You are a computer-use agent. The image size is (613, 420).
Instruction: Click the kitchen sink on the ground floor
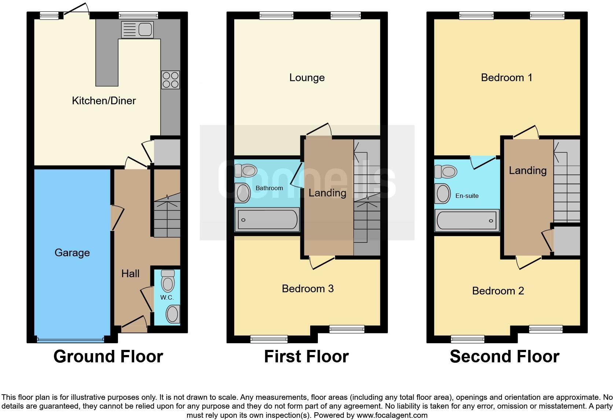137,30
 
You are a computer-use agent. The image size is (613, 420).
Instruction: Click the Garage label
72,253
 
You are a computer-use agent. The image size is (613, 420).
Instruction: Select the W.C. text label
167,297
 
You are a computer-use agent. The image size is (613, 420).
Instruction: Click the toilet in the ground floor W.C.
168,282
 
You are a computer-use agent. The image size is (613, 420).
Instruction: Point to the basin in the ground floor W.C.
172,314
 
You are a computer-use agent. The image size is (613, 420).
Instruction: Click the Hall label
131,274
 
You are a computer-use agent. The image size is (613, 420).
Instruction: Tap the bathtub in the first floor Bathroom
267,220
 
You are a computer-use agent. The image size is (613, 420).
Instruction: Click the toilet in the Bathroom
246,171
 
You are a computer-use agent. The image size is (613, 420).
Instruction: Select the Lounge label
307,77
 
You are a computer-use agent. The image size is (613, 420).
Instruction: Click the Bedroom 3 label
308,289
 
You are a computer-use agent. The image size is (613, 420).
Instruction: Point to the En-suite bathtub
467,221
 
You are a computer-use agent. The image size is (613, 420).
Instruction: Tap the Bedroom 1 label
506,77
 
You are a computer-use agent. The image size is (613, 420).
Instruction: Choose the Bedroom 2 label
498,291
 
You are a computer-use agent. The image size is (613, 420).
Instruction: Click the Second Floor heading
504,356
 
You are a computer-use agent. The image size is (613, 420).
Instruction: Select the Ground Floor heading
108,356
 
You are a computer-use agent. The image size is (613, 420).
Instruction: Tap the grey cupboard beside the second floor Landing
566,240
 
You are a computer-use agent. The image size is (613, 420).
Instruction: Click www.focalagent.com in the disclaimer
392,415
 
